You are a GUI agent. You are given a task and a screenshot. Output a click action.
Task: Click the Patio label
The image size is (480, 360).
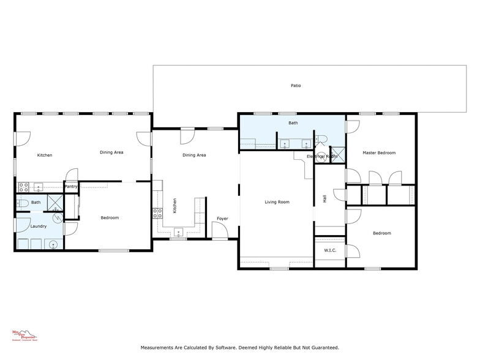(x=296, y=86)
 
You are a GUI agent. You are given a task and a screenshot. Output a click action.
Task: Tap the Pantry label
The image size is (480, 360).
(x=71, y=187)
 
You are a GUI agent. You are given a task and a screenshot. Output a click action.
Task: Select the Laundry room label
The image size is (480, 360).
(x=30, y=227)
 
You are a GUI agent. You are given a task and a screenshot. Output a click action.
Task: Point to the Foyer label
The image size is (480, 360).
(x=222, y=219)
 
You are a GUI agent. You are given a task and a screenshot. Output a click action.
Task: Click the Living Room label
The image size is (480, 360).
(x=277, y=202)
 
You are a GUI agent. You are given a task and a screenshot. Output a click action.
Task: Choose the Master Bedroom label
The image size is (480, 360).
(x=378, y=153)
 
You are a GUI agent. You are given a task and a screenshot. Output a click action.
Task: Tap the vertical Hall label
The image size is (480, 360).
(x=324, y=198)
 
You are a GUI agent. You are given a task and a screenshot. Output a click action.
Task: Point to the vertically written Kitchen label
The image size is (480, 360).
(x=174, y=205)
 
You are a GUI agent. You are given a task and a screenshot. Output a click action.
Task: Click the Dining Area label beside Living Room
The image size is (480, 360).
(x=194, y=156)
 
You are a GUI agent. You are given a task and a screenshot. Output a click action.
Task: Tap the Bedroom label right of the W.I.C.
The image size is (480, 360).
(x=381, y=233)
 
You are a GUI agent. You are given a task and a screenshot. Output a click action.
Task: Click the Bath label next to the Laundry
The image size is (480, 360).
(x=36, y=203)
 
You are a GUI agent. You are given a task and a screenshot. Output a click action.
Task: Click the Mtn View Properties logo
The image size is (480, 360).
(x=25, y=335)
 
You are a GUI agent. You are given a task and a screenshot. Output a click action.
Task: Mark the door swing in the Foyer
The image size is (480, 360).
(x=219, y=230)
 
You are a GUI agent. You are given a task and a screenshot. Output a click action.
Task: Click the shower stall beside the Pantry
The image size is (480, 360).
(x=56, y=203)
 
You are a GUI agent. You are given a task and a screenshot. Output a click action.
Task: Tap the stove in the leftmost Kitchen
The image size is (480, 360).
(x=23, y=187)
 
